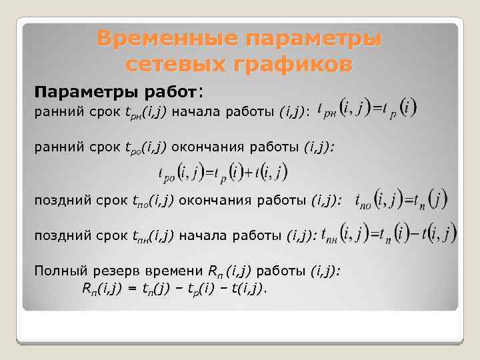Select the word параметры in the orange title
tap(313, 39)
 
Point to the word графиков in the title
tap(292, 65)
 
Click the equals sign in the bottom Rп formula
tap(133, 288)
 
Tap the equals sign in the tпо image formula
tap(408, 199)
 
